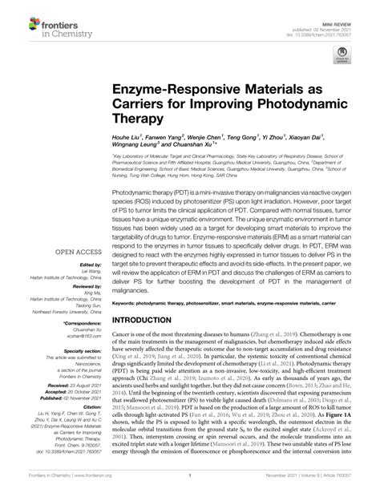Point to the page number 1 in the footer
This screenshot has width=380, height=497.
point(191,486)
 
